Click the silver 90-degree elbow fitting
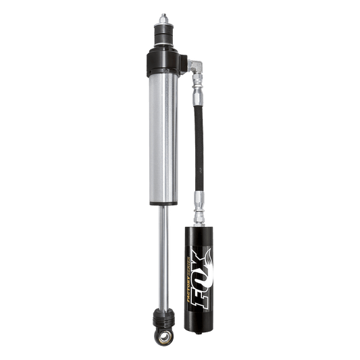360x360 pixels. [x=197, y=68]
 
